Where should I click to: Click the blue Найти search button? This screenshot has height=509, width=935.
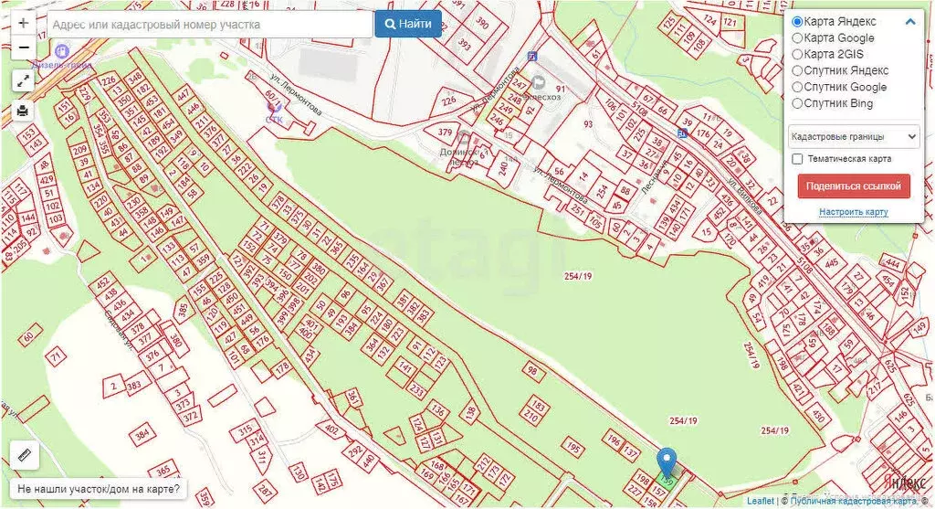pos(408,24)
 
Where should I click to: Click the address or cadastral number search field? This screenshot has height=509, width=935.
pos(210,25)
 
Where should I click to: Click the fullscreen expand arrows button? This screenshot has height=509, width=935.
pos(23,80)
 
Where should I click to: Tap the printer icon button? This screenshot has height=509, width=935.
pos(23,111)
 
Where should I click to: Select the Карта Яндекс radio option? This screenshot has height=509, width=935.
pos(797,22)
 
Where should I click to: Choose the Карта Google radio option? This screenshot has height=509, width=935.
pos(797,38)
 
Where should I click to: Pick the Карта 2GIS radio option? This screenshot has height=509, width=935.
pos(797,55)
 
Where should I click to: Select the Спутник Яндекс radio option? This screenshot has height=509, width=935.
pos(797,70)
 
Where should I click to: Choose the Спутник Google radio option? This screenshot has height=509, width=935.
pos(797,87)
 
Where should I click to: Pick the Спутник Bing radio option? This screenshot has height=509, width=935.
pos(797,103)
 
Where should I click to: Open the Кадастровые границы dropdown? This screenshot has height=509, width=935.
pos(854,136)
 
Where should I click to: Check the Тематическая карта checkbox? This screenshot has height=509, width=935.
pos(797,159)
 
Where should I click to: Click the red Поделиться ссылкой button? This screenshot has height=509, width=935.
pos(854,186)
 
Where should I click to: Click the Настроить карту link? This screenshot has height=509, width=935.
pos(854,212)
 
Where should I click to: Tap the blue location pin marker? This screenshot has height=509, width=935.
pos(667,462)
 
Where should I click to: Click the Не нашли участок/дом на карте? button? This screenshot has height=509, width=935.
pos(99,490)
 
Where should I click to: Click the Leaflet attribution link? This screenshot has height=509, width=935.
pos(760,501)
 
